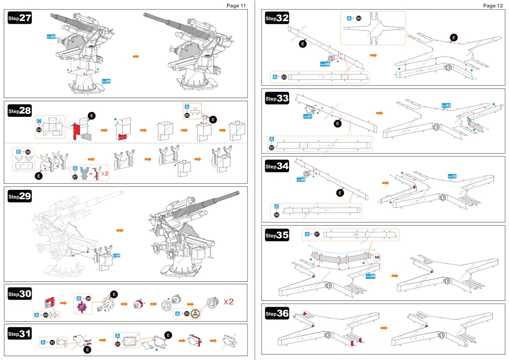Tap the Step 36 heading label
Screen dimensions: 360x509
coord(277,313)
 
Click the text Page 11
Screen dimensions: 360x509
coord(236,6)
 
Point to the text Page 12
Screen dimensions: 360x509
coord(492,6)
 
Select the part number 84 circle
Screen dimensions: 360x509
coord(39,130)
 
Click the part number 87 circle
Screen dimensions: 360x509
coord(75,177)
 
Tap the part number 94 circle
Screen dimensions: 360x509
coord(358,18)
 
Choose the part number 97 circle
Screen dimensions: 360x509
coord(317,234)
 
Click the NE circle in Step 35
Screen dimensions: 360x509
coord(377,257)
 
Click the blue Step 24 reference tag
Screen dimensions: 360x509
coord(51,37)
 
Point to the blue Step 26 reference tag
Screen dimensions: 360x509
coord(106,81)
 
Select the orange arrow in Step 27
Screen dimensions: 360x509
coord(136,56)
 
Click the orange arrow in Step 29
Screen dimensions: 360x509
coord(120,230)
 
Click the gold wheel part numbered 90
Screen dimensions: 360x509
coord(196,313)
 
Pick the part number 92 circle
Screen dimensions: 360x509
coord(118,344)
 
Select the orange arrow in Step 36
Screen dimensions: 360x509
coord(384,328)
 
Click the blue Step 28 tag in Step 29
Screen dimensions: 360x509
coord(117,255)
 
